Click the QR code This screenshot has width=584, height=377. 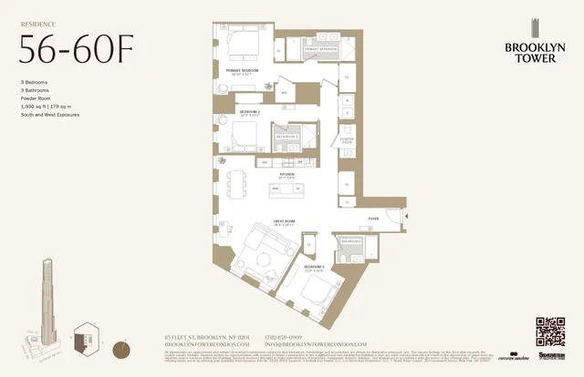pos(551,332)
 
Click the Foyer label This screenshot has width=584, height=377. pos(373,219)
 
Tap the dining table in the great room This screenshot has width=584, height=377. pos(235,181)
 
